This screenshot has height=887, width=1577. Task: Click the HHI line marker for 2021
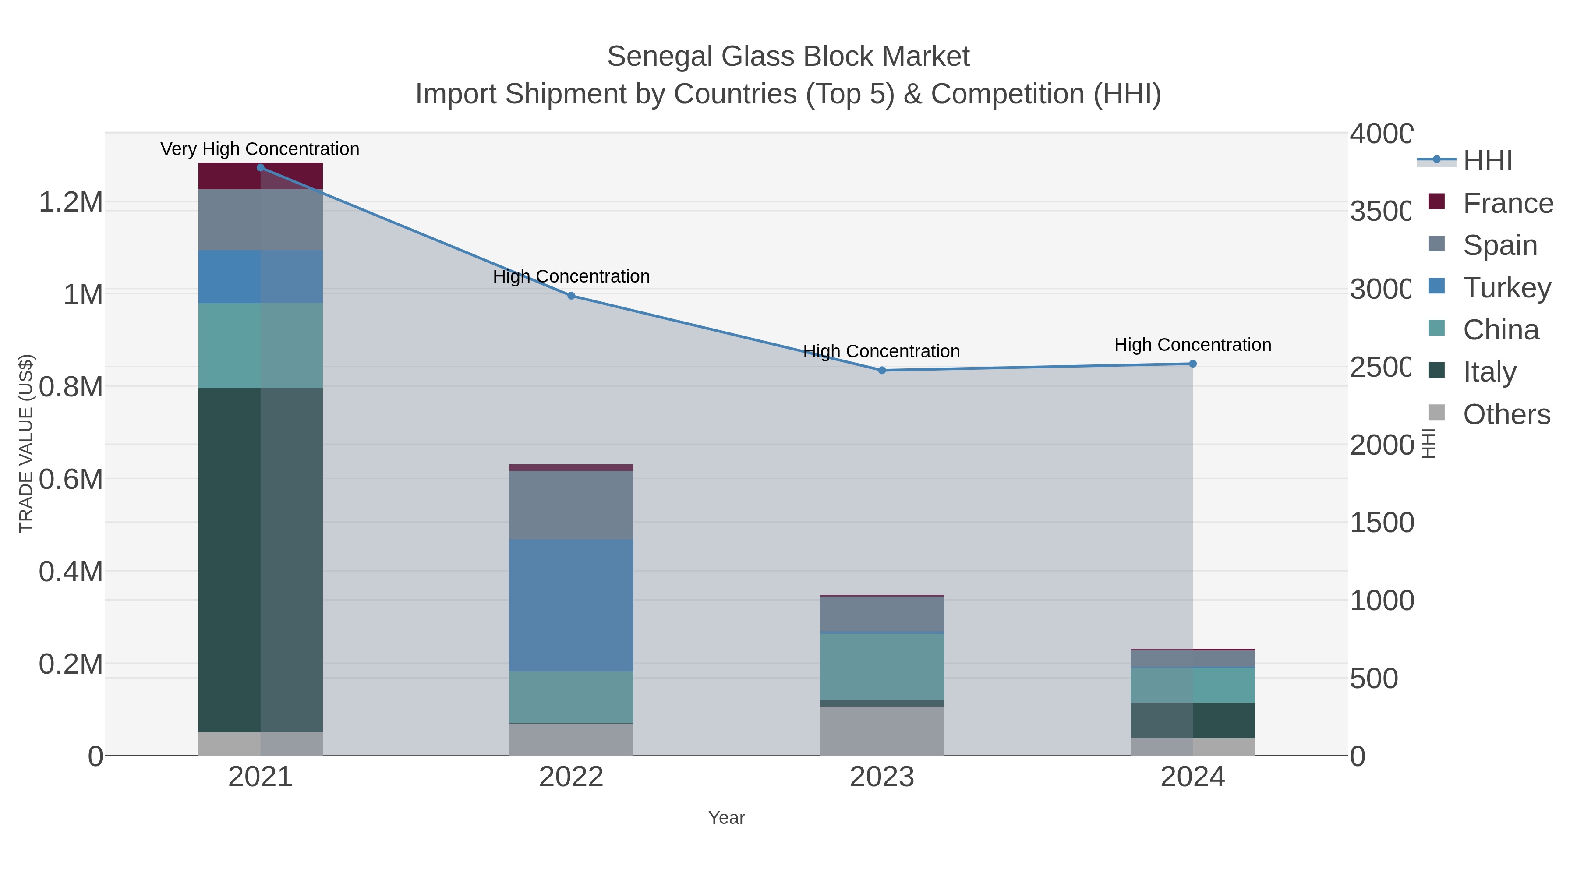[260, 168]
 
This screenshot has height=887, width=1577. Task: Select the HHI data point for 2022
[571, 296]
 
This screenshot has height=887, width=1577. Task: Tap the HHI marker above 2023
[881, 370]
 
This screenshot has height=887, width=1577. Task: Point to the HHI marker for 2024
[1192, 364]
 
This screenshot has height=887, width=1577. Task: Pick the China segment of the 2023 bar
[881, 667]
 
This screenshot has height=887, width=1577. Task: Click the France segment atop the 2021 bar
[260, 176]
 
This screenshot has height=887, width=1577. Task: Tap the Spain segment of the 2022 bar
[571, 505]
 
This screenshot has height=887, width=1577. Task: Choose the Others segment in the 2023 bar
[881, 731]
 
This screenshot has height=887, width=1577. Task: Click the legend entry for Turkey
[1506, 288]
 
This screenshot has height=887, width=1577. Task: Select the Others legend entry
[1506, 414]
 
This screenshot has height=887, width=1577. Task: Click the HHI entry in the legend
[1488, 161]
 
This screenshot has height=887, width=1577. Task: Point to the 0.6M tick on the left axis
[71, 479]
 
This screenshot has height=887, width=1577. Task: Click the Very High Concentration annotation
[260, 149]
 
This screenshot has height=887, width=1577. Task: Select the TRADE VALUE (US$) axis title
[26, 443]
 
